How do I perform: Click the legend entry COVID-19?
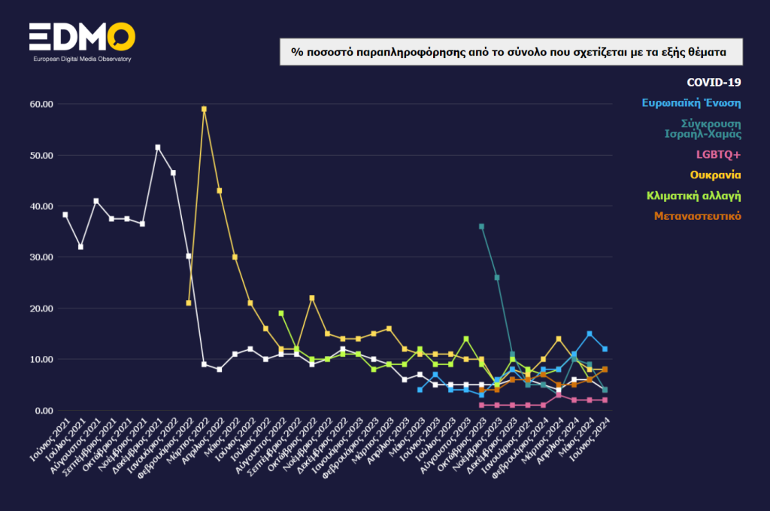point(714,82)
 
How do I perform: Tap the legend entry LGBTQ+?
point(719,154)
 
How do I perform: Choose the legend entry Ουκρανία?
point(716,175)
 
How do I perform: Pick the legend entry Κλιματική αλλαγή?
point(694,196)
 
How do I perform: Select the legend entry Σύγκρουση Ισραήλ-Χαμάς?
point(702,129)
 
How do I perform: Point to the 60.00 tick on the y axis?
point(38,104)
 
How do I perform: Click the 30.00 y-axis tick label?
point(38,257)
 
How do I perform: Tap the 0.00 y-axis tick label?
point(41,411)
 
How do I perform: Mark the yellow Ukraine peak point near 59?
point(204,109)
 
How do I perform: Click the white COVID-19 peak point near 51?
point(158,148)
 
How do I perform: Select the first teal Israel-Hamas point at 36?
point(481,227)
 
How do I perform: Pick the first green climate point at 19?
point(281,313)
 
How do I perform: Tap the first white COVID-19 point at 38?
point(65,214)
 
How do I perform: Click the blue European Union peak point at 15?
point(590,333)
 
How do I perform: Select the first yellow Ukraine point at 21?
point(189,303)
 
